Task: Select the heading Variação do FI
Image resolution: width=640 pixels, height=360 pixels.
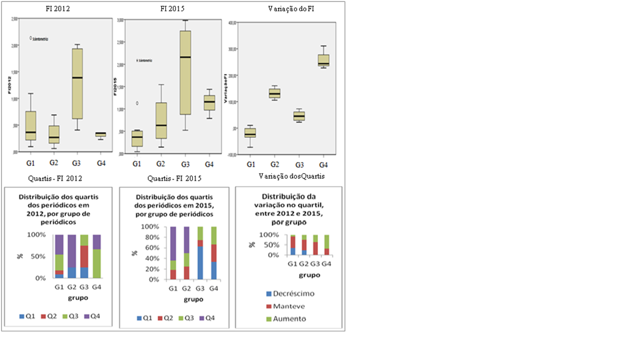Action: click(287, 8)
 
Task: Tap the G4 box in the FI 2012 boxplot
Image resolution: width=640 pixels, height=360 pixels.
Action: click(100, 135)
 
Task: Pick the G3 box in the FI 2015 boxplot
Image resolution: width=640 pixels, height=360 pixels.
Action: click(185, 73)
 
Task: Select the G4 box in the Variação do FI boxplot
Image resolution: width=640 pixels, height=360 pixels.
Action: click(323, 60)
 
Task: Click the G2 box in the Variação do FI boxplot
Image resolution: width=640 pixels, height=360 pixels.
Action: click(274, 93)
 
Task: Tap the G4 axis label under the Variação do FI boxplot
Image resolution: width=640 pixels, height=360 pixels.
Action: click(323, 164)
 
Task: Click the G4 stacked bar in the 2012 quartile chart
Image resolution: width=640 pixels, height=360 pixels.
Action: click(97, 256)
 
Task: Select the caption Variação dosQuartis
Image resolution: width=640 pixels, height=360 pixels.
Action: click(287, 175)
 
